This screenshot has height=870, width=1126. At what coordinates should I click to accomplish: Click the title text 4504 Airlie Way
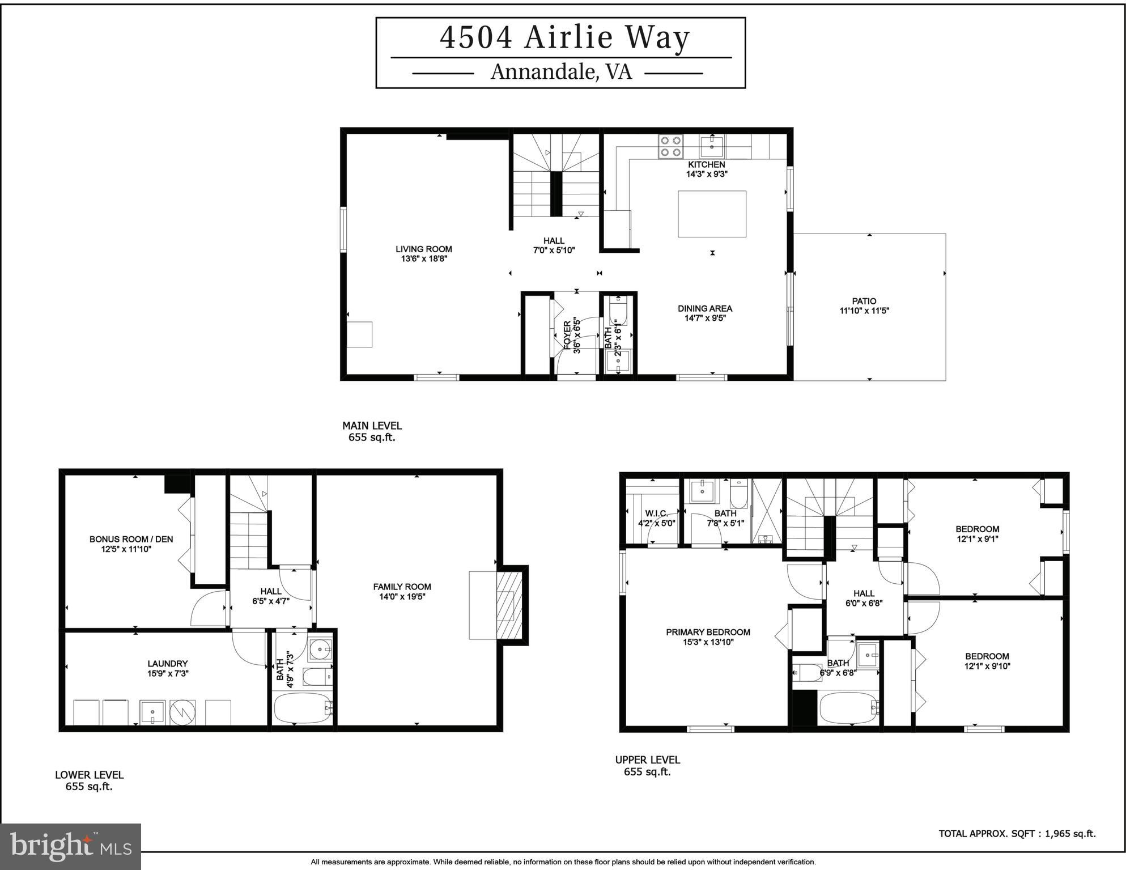pos(564,37)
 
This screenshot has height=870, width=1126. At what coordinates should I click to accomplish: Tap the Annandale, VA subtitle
pos(560,73)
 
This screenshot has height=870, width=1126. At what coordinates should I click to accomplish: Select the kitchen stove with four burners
pos(670,146)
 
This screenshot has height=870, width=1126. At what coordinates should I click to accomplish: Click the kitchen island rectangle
pos(712,214)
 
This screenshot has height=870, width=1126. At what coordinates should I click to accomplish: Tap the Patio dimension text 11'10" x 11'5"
pos(864,311)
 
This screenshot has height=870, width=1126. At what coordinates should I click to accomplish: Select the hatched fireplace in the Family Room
pos(508,605)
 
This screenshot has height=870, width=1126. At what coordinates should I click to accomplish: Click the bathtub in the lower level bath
pos(303,707)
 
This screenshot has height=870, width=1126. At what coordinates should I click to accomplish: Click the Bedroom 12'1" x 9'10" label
pos(987,661)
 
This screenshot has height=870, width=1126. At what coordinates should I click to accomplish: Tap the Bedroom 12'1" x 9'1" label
pos(977,534)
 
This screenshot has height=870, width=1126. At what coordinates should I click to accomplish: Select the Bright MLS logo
pos(70,847)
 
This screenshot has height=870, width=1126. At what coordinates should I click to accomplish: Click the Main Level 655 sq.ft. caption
pos(372,431)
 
